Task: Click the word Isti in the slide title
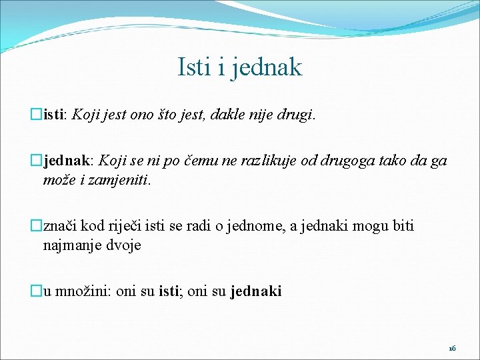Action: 194,67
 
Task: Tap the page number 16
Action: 452,349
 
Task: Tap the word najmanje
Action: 72,245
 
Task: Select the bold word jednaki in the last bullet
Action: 256,291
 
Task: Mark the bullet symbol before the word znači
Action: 37,226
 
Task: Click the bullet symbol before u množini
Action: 37,291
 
